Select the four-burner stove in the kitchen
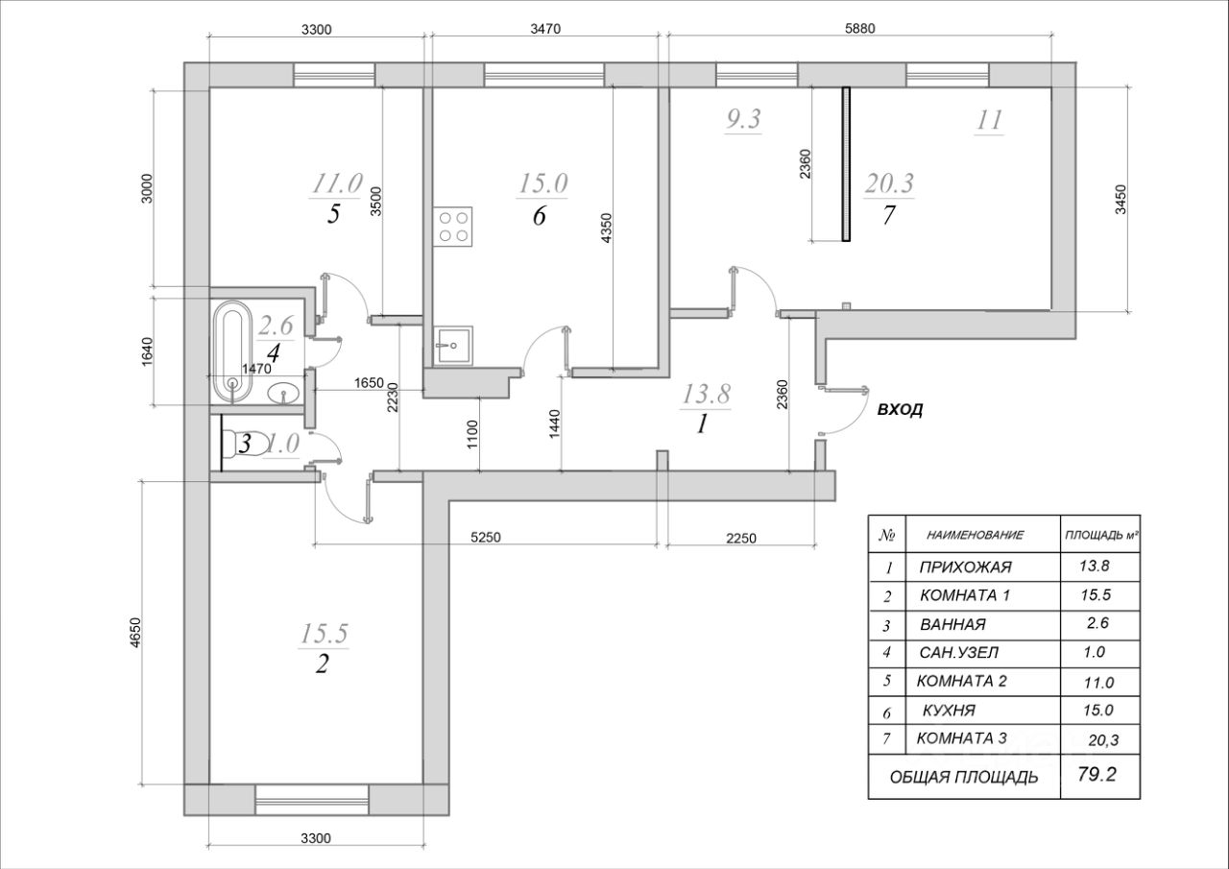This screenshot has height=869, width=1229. point(454,227)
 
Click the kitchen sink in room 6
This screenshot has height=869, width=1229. point(452,343)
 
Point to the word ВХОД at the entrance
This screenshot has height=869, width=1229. point(900,410)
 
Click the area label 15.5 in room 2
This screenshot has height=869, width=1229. point(325,633)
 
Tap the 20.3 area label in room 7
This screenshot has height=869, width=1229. point(888,182)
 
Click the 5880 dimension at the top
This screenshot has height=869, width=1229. point(860,30)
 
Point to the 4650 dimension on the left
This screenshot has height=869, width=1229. point(137,632)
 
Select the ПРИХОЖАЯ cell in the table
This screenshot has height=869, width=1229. point(965,567)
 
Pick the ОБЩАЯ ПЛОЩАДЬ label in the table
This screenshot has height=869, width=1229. point(963,777)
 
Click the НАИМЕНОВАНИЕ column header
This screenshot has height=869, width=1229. point(975,534)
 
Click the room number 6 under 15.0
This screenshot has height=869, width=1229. point(539,216)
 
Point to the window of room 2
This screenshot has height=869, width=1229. point(313,798)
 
